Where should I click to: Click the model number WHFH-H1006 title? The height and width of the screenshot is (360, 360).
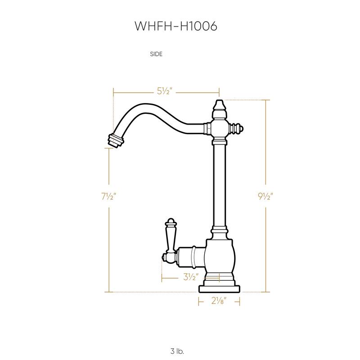pyautogui.click(x=176, y=27)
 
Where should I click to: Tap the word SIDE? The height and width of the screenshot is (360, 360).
pyautogui.click(x=156, y=54)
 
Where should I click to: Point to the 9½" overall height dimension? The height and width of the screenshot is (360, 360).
pyautogui.click(x=266, y=196)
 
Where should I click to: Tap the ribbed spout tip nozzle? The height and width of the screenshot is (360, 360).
pyautogui.click(x=115, y=139)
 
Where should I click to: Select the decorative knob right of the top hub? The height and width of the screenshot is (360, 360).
pyautogui.click(x=237, y=130)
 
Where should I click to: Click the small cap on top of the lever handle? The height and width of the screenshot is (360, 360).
pyautogui.click(x=171, y=221)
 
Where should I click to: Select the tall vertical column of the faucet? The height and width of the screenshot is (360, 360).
pyautogui.click(x=219, y=184)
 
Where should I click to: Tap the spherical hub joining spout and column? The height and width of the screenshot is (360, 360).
pyautogui.click(x=219, y=130)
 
